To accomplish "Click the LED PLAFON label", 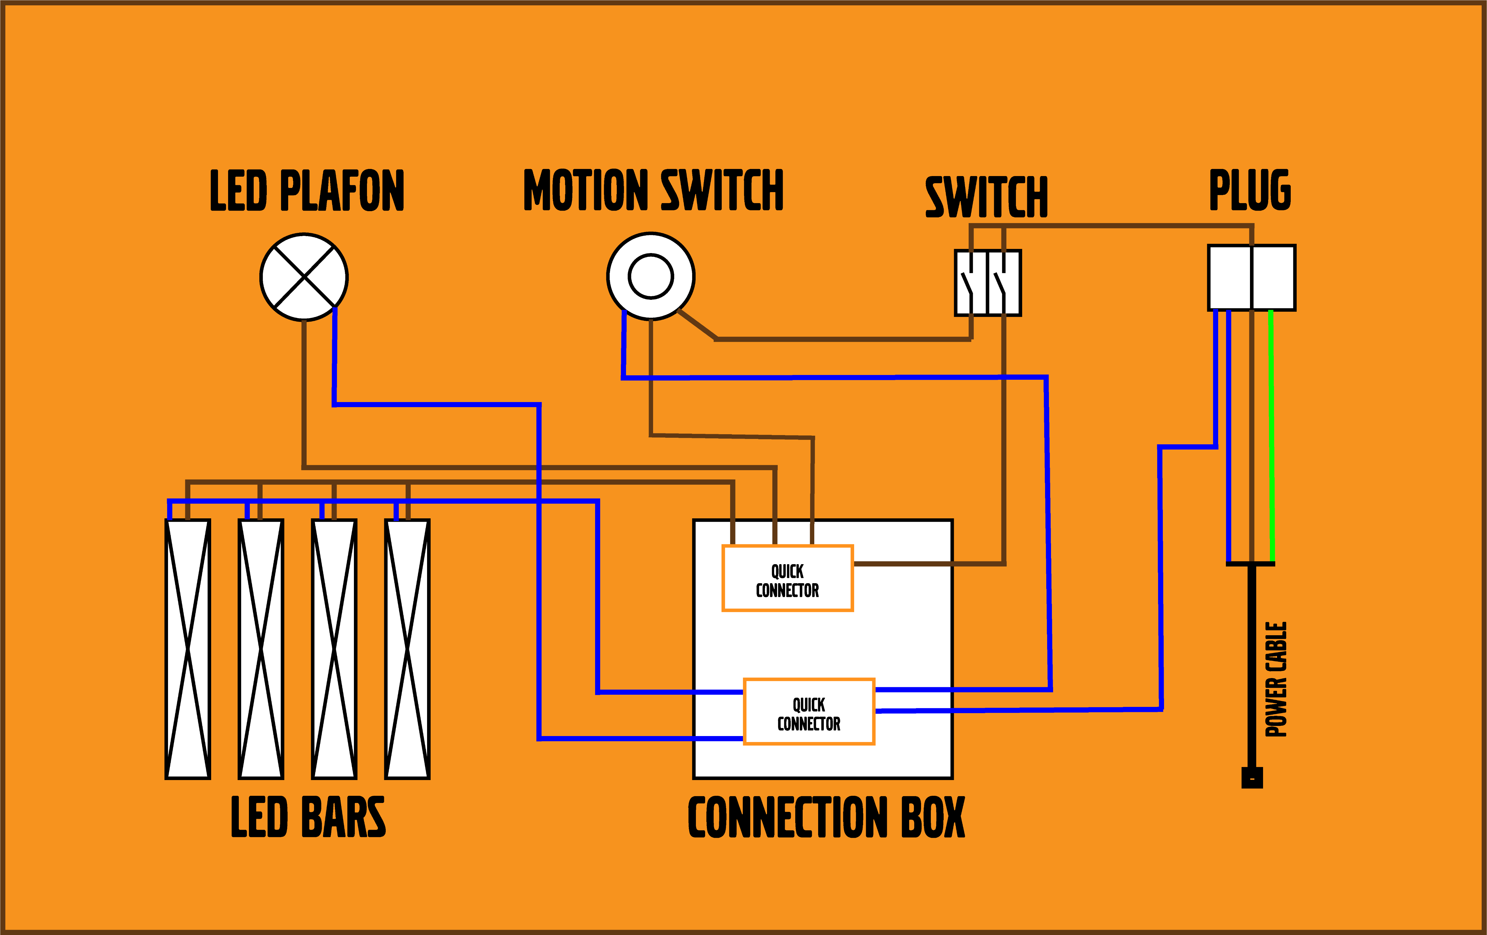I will (307, 191).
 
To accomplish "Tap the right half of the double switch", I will (1004, 283).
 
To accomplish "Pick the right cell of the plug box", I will (1273, 277).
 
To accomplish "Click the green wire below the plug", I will (1271, 432).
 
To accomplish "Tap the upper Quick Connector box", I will (787, 579).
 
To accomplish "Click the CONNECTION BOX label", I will (826, 818).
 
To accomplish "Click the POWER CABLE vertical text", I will (1276, 679).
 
